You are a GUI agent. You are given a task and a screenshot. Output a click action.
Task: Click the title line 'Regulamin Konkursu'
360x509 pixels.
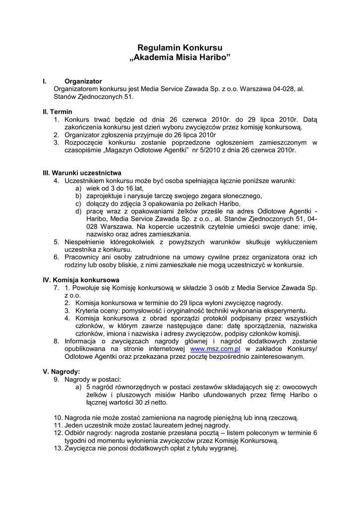[180, 48]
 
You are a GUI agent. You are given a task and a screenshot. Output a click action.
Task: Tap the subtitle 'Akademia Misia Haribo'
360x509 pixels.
[180, 58]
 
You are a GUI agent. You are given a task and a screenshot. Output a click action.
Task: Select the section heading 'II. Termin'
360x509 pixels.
[57, 112]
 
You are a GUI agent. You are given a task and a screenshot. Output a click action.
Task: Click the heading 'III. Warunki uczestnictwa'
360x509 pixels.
[82, 172]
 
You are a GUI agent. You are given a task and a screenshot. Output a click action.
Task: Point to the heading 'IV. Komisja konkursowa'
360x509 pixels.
[81, 280]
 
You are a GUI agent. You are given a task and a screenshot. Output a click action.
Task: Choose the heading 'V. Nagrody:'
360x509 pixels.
[62, 371]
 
